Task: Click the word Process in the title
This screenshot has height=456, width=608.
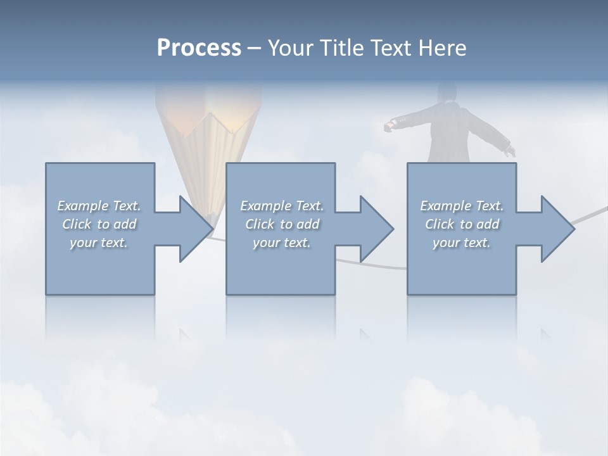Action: pos(199,48)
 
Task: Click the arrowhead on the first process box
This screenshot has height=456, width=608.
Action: pos(189,229)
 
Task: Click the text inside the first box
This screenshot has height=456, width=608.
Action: pos(99,224)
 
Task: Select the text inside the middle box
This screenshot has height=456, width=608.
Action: pos(282,224)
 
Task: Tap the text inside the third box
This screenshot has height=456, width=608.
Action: pos(462,224)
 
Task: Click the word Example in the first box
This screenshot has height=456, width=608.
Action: pos(82,206)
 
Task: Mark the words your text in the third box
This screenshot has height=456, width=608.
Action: pos(462,243)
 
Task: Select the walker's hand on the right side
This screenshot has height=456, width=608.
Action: pos(509,151)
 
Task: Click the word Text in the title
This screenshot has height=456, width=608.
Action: pos(388,48)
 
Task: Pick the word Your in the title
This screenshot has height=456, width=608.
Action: pos(289,48)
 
